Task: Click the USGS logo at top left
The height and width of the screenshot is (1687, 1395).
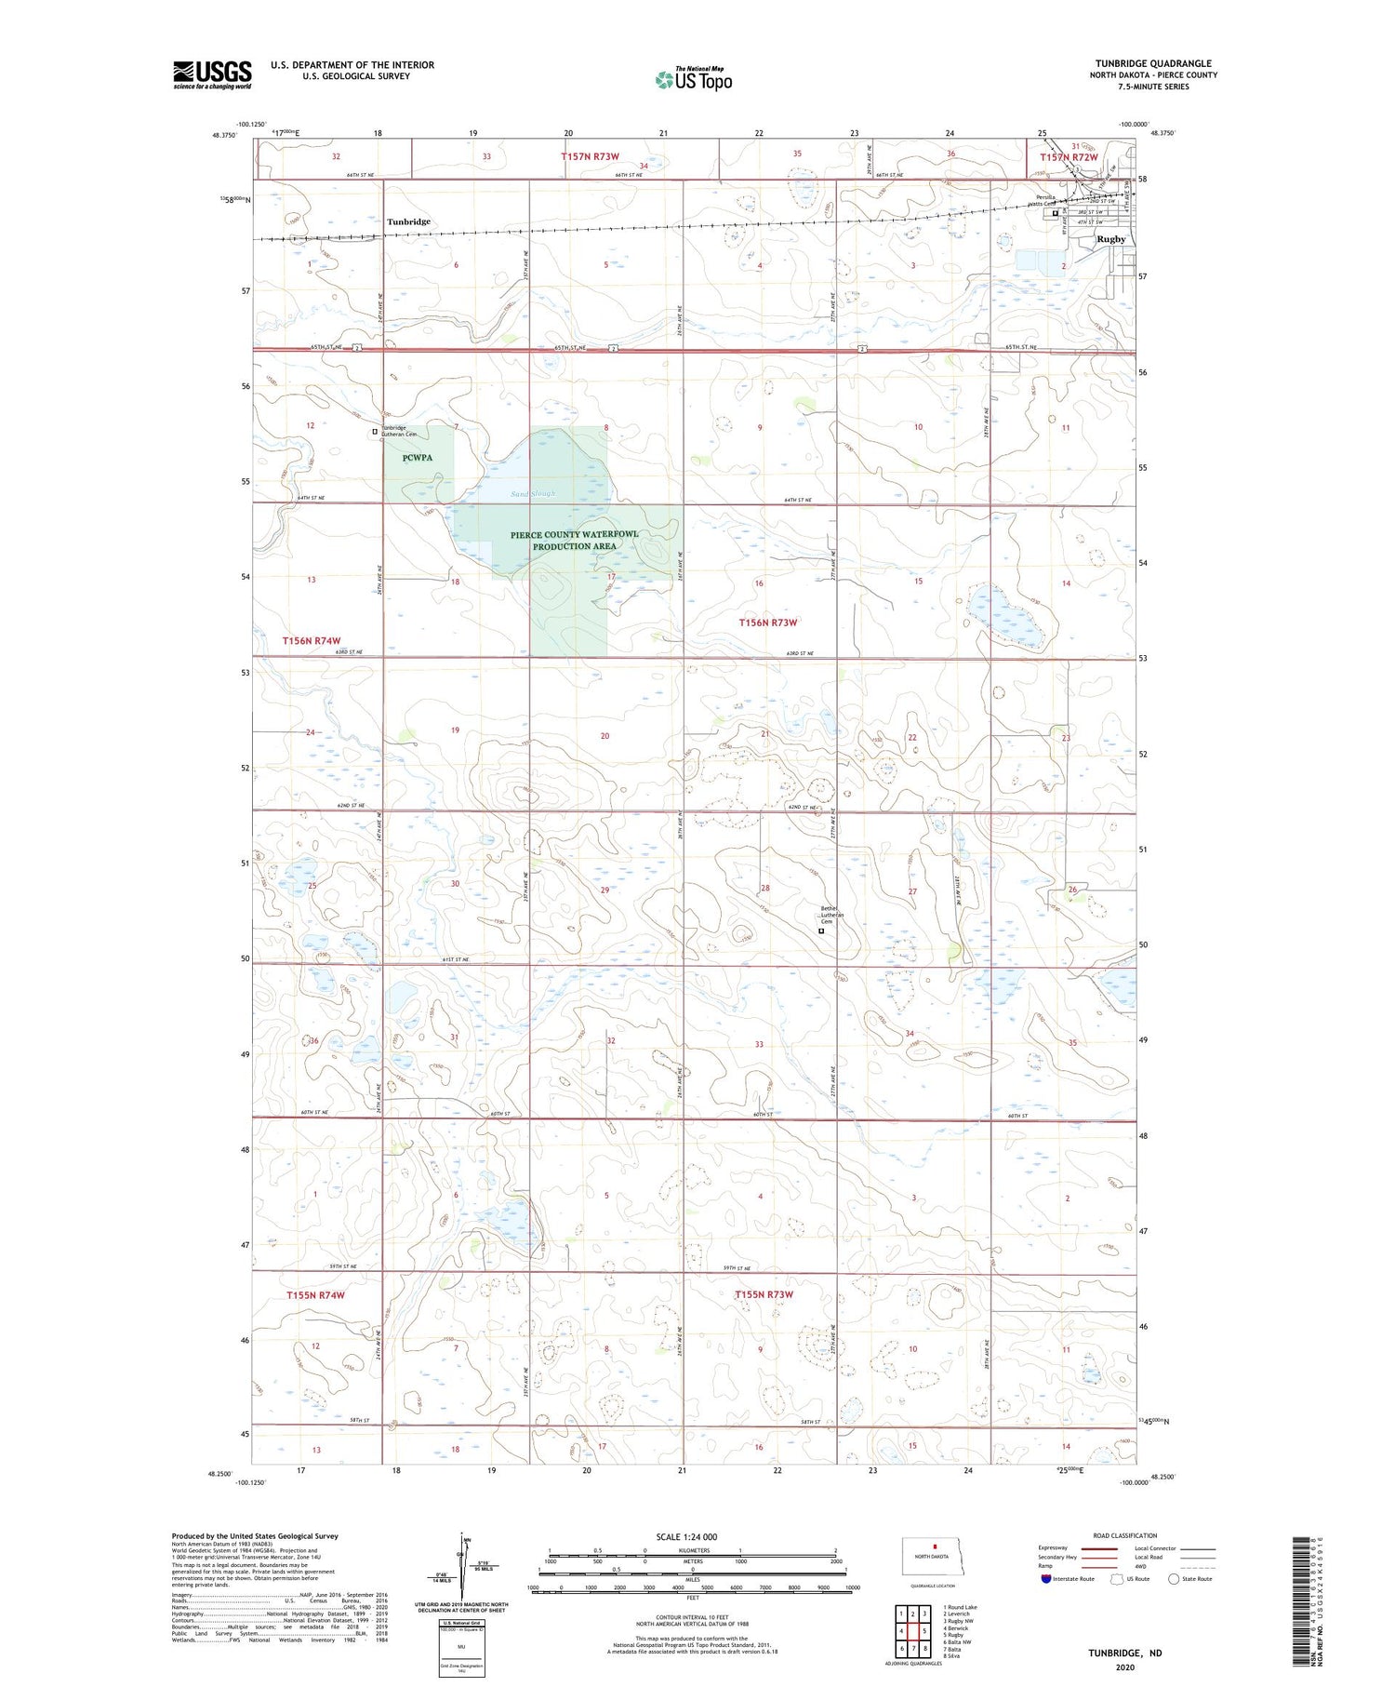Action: (x=212, y=74)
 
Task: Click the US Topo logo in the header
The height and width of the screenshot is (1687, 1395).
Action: (x=693, y=79)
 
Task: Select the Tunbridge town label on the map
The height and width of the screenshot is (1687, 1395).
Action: (x=409, y=221)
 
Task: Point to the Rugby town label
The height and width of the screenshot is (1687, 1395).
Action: (x=1110, y=239)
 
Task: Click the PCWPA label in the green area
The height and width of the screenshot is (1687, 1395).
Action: (x=418, y=458)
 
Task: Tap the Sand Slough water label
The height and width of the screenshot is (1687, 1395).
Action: (x=532, y=493)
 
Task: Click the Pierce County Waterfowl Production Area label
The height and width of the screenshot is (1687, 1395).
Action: (x=574, y=541)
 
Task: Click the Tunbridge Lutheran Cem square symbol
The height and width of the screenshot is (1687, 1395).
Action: (x=375, y=432)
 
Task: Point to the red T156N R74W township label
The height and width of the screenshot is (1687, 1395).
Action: (x=312, y=641)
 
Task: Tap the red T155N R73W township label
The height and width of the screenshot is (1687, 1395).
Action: (x=764, y=1294)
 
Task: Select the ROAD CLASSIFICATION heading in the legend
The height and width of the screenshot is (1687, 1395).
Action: (x=1125, y=1535)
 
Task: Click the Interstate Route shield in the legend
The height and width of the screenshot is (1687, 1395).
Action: (x=1046, y=1579)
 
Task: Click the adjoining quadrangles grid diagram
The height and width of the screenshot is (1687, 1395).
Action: (x=912, y=1624)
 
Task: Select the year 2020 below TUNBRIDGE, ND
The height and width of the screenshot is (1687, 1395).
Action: (x=1125, y=1667)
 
